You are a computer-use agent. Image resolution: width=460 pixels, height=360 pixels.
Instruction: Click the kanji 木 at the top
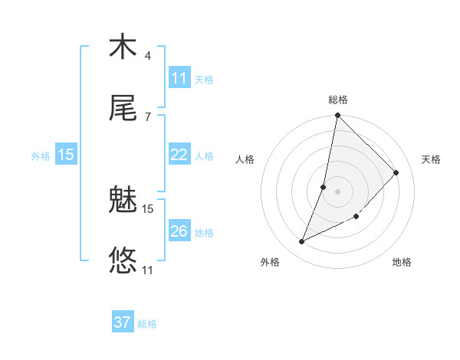point(123,47)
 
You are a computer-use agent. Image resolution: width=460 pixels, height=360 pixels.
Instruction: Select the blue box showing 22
point(179,155)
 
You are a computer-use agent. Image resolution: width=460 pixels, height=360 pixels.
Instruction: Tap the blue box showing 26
point(179,231)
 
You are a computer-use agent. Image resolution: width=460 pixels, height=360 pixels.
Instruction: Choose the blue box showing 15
point(66,155)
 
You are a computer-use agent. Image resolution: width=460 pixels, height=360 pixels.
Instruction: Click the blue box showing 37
point(123,322)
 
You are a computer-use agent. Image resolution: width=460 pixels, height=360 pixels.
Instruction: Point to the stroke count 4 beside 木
point(147,56)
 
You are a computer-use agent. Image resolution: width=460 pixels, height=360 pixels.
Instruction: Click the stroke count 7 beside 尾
point(147,116)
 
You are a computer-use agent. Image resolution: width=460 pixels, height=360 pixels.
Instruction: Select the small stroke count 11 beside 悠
point(148,270)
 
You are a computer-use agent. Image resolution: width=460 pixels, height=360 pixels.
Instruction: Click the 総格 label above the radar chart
point(338,100)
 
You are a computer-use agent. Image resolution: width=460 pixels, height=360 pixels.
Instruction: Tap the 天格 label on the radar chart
point(431,159)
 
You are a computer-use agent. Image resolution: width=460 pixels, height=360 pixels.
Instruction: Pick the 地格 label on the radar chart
point(402,262)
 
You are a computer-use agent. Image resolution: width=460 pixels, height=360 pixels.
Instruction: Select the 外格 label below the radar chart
point(270,262)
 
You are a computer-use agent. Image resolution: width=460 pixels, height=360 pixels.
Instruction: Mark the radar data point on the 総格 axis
point(337,116)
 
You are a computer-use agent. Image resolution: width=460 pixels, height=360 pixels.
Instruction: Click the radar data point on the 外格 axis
point(302,242)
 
